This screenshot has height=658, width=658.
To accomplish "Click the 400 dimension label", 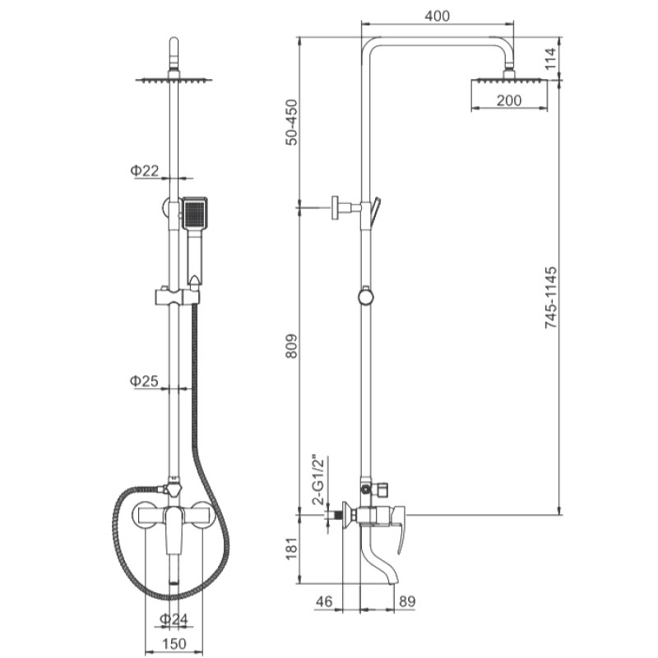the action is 437,16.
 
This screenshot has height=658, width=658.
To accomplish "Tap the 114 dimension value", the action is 550,58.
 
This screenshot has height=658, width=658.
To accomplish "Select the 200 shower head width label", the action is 508,100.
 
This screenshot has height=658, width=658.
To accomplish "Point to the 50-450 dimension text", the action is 291,122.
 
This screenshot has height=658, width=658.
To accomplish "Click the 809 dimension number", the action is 291,345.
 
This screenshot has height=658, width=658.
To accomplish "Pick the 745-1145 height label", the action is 550,297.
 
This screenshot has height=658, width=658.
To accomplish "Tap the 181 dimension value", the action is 291,548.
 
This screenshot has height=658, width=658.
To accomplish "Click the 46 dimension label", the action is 323,601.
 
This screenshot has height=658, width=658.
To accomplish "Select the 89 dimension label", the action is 407,601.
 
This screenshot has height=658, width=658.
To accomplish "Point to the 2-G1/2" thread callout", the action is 319,480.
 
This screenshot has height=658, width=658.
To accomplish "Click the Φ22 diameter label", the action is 145,170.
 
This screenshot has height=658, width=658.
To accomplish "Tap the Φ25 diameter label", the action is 144,381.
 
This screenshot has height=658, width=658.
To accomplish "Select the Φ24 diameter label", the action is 174,619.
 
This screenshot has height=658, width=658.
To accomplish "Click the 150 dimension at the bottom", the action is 174,643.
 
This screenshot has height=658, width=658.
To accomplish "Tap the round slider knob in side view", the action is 366,296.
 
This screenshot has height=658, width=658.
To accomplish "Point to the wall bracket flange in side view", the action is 336,207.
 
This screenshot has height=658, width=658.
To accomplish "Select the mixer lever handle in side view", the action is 398,527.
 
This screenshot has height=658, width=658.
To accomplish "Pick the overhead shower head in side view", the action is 509,80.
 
